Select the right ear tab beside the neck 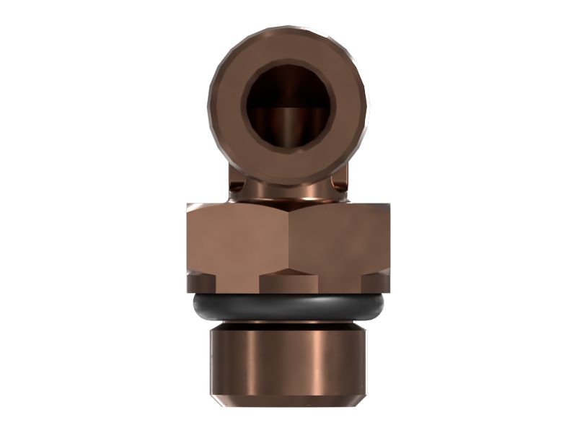pos(341,185)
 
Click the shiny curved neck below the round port pos(287,189)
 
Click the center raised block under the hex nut pos(288,281)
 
